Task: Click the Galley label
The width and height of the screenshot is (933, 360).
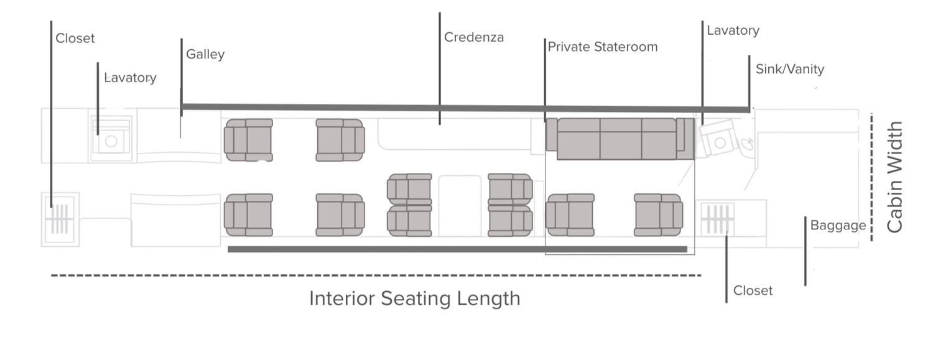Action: pos(205,55)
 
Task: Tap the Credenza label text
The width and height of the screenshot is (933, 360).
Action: pos(473,37)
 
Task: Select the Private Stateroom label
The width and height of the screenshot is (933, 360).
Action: pos(602,47)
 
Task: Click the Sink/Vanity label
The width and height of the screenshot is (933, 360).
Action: pos(789,69)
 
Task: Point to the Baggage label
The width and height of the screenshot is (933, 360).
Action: pos(837,226)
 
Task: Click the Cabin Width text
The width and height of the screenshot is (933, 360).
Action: pos(894,178)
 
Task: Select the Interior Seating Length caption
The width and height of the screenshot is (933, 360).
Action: pos(414,298)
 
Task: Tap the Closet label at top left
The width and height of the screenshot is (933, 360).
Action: pos(75,39)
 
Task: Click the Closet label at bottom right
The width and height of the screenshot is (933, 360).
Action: pos(753,291)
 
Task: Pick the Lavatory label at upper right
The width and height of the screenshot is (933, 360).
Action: pos(733,30)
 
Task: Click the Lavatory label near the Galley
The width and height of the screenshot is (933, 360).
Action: pos(131,78)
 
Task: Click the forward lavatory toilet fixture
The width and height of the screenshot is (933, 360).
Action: pos(111,141)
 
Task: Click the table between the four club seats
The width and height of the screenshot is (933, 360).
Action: pos(460,205)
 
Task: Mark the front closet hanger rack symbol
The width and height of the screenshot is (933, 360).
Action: pos(60,218)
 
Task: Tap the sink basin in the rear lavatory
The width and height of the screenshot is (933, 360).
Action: pos(746,145)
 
